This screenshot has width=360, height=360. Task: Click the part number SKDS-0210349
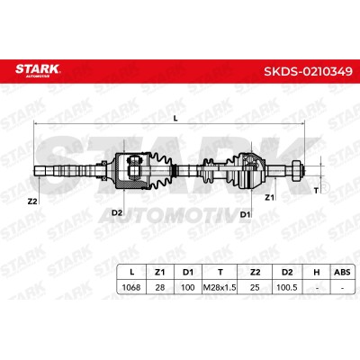coord(308,71)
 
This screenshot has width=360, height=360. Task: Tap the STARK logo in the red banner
coord(38,70)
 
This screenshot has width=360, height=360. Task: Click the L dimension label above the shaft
coord(175,119)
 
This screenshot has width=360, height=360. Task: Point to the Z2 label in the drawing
coord(32,202)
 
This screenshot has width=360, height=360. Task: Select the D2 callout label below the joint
coord(117,212)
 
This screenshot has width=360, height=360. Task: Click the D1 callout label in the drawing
coord(246,214)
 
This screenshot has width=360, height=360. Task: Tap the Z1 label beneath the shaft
coord(269,197)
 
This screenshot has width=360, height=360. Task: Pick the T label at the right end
coord(316,190)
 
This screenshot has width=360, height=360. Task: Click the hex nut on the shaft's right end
coord(296,171)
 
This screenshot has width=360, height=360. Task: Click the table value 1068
coord(131,287)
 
